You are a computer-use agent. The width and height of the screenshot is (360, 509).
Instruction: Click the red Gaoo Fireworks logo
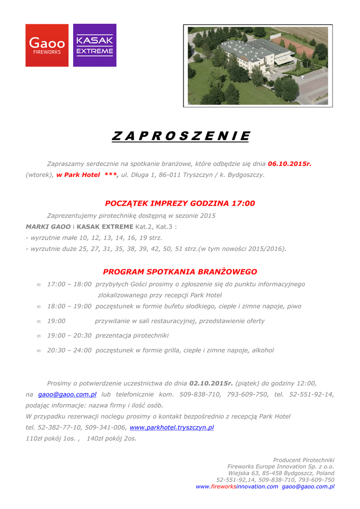[47, 45]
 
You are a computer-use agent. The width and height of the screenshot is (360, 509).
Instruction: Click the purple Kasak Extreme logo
[94, 45]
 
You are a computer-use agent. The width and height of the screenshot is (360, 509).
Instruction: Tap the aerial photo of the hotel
[258, 66]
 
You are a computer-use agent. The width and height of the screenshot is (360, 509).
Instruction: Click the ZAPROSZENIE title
[180, 136]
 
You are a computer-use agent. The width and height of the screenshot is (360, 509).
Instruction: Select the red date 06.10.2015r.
[289, 163]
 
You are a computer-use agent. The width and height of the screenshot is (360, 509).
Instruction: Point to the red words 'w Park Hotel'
[78, 174]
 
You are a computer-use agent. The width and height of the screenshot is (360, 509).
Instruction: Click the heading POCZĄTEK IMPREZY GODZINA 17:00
[180, 203]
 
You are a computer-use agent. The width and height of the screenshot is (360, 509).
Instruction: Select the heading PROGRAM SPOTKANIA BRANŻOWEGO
[180, 272]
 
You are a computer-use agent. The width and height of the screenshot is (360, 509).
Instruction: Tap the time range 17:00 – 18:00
[69, 284]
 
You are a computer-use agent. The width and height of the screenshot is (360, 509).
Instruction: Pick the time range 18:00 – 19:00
[69, 307]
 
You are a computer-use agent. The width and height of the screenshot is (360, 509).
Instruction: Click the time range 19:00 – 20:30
[69, 336]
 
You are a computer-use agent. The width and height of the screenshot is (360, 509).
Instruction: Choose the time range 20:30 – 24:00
[69, 350]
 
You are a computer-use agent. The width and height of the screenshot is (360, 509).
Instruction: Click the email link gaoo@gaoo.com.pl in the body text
[67, 394]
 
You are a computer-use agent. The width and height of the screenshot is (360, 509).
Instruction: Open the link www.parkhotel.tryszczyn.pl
[172, 427]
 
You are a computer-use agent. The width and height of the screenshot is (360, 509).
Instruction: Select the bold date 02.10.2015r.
[211, 383]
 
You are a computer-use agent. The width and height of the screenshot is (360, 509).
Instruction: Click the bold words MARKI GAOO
[48, 227]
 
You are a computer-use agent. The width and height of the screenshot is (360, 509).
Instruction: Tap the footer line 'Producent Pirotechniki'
[303, 460]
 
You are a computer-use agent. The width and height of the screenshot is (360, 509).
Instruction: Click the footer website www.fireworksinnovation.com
[237, 487]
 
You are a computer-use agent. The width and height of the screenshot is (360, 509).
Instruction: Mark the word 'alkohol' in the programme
[263, 350]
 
